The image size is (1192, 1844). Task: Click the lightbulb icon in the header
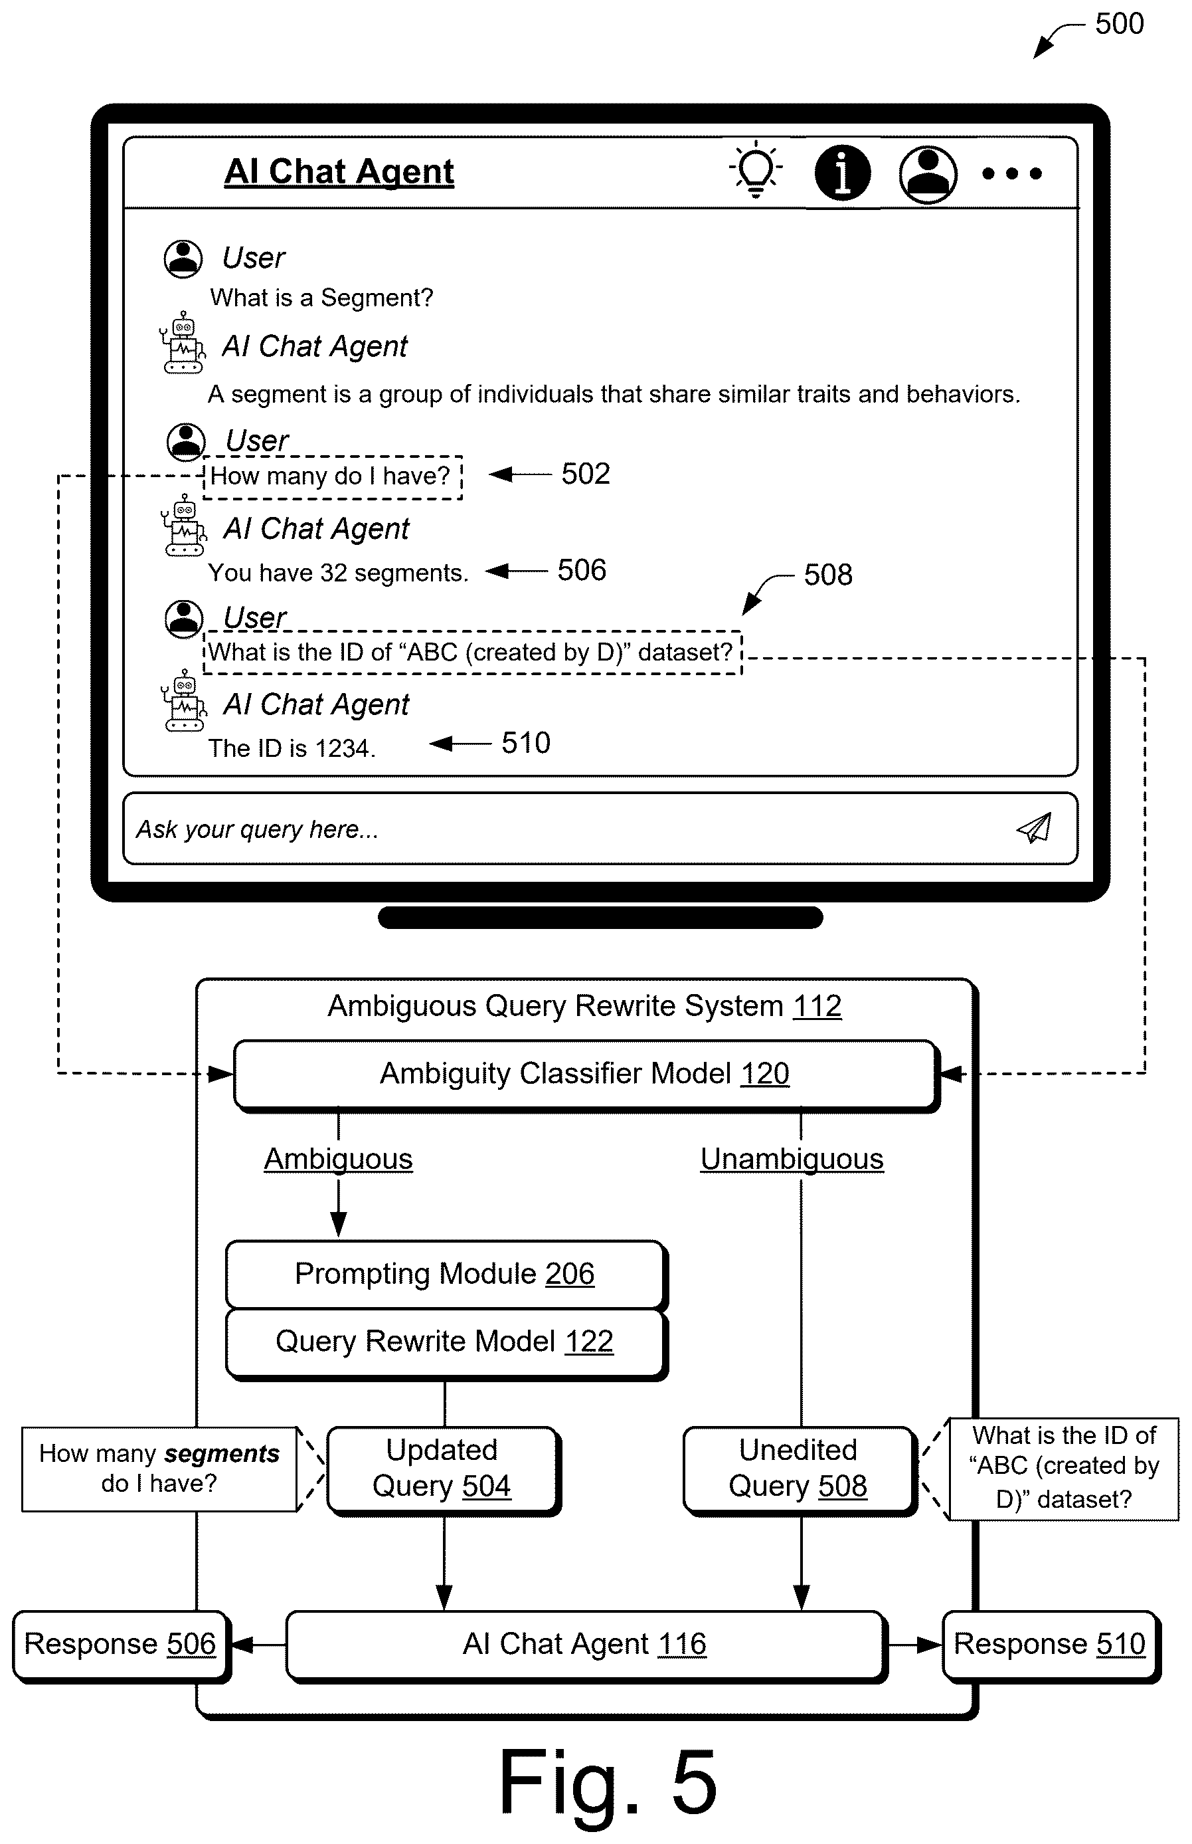pyautogui.click(x=756, y=169)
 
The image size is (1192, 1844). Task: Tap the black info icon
pyautogui.click(x=842, y=172)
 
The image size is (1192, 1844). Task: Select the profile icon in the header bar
pyautogui.click(x=927, y=174)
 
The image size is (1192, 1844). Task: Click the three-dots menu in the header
pyautogui.click(x=1011, y=173)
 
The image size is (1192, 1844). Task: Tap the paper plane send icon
pyautogui.click(x=1034, y=828)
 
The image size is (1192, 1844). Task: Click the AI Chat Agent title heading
pyautogui.click(x=339, y=171)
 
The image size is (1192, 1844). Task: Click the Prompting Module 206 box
pyautogui.click(x=446, y=1274)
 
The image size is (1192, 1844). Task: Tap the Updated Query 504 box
pyautogui.click(x=443, y=1469)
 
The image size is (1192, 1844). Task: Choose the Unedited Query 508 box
pyautogui.click(x=799, y=1469)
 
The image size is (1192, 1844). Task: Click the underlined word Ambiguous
pyautogui.click(x=338, y=1160)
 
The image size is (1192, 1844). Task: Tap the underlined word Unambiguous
pyautogui.click(x=792, y=1160)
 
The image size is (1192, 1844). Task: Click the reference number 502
pyautogui.click(x=586, y=474)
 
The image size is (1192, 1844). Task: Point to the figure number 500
pyautogui.click(x=1119, y=24)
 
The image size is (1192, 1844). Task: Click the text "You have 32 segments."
pyautogui.click(x=338, y=572)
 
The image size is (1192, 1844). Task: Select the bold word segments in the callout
pyautogui.click(x=222, y=1455)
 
